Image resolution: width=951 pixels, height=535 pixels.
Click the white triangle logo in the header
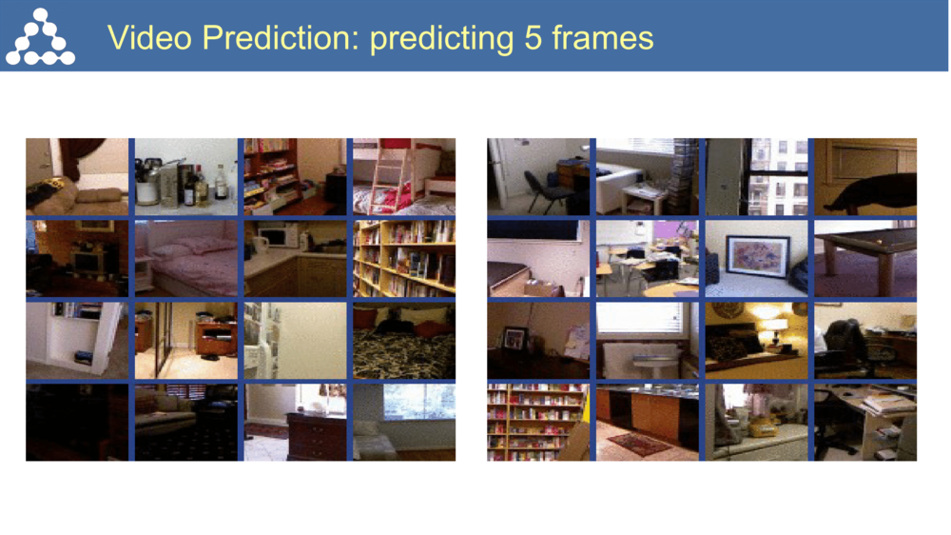(40, 37)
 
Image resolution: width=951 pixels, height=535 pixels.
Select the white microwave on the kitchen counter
(278, 236)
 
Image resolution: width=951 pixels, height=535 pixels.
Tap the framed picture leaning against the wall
(757, 256)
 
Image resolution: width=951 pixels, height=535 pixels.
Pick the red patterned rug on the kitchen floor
(640, 444)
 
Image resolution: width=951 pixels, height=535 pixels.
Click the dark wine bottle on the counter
(201, 188)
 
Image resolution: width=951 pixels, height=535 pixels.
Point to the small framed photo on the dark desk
(514, 338)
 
